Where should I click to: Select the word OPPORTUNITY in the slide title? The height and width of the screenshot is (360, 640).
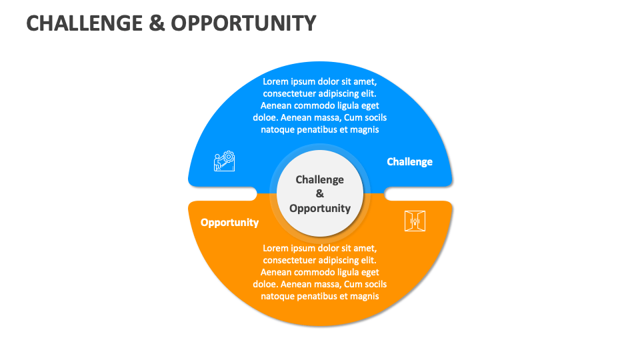(243, 23)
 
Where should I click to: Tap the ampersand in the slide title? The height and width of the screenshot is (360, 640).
(153, 23)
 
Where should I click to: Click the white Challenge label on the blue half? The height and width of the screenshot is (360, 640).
(409, 161)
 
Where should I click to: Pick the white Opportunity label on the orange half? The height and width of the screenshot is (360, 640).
(229, 222)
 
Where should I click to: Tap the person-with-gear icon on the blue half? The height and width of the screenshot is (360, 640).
(225, 161)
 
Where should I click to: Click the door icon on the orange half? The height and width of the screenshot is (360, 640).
(415, 221)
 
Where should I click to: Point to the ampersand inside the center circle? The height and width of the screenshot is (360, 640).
(320, 194)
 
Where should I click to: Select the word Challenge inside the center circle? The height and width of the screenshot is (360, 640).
(320, 179)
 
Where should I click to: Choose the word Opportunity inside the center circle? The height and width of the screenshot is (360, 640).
(320, 208)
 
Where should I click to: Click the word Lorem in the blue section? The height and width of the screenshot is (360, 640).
(275, 81)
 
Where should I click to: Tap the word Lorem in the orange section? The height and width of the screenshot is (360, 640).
(275, 248)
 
